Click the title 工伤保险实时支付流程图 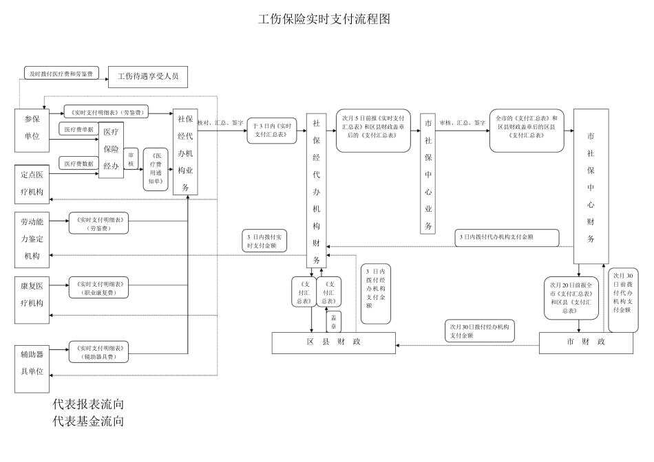pyautogui.click(x=324, y=19)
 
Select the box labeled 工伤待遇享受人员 pyautogui.click(x=147, y=76)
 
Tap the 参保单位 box pyautogui.click(x=32, y=127)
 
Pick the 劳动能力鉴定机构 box pyautogui.click(x=32, y=239)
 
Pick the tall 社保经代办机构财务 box pyautogui.click(x=316, y=190)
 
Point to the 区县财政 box pyautogui.click(x=333, y=342)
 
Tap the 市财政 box pyautogui.click(x=585, y=342)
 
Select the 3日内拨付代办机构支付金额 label pyautogui.click(x=506, y=237)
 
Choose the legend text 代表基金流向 pyautogui.click(x=88, y=420)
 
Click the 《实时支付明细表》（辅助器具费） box pyautogui.click(x=101, y=352)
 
